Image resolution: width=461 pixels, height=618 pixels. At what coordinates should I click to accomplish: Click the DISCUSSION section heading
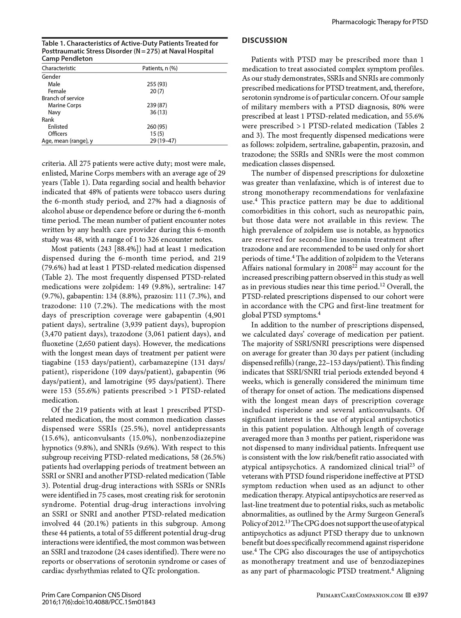tap(264, 40)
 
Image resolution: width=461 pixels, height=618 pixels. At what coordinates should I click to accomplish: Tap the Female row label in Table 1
tap(57, 91)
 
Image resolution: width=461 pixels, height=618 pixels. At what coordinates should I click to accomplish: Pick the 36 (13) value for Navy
tap(159, 112)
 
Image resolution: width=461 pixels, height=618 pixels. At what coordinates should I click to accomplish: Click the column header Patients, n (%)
tap(160, 68)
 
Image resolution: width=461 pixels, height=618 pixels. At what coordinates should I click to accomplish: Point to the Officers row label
tap(57, 133)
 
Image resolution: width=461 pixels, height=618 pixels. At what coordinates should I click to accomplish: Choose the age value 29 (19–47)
tap(163, 140)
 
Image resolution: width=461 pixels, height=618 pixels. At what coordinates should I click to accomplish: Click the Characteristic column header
tap(59, 68)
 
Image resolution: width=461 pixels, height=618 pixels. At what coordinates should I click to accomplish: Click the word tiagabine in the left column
tap(57, 362)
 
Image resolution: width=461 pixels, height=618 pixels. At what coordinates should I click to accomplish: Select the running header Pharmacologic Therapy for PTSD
tap(380, 22)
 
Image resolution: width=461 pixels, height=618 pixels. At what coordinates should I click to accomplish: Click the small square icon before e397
tap(408, 595)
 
